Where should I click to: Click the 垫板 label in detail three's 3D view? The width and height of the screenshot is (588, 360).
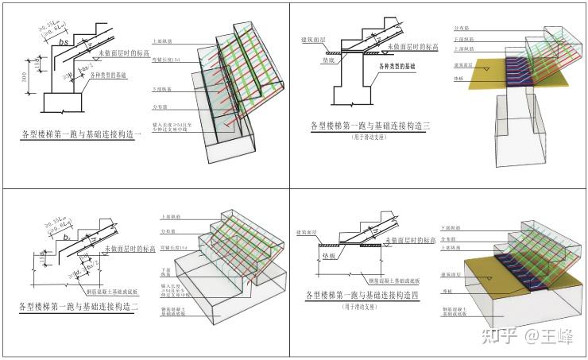pos(458,79)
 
